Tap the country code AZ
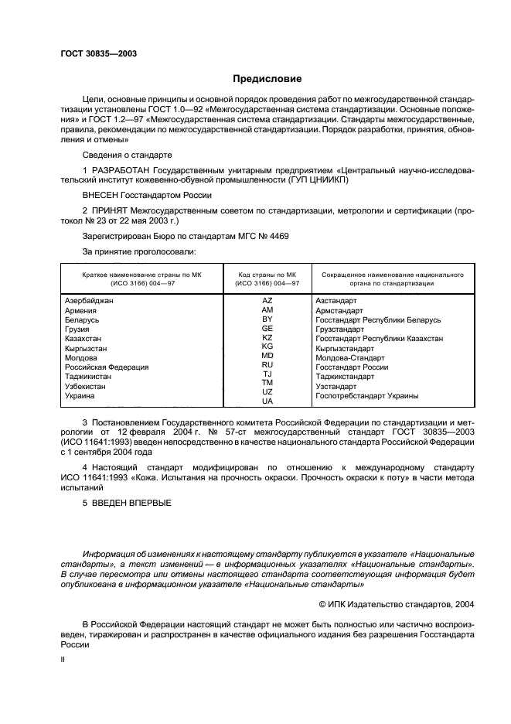(267, 300)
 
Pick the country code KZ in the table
(267, 337)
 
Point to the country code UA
(267, 401)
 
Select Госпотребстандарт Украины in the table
(367, 396)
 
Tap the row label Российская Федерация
(107, 367)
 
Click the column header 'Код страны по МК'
(267, 275)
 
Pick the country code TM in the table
(267, 382)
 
